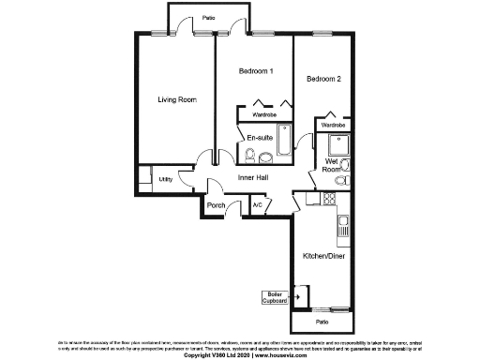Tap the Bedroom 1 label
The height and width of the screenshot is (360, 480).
pos(255,71)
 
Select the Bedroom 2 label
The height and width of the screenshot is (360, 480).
pos(323,80)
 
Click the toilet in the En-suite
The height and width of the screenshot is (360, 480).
pos(249,155)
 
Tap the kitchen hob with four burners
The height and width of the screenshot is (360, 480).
pos(329,198)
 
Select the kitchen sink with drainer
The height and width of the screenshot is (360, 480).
pos(343,225)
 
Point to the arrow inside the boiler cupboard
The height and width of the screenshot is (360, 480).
pos(300,296)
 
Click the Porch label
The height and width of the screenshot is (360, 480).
pos(217,205)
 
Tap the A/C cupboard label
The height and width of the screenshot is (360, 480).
pos(256,204)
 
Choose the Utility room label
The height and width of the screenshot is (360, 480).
pos(165,177)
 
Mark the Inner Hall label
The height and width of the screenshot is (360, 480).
pos(254,178)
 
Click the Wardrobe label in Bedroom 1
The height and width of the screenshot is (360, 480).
pos(264,115)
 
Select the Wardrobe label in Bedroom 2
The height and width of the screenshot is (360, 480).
pos(334,125)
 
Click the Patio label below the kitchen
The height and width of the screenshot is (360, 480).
pos(322,322)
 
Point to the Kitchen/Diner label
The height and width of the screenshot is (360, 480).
pos(322,255)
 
